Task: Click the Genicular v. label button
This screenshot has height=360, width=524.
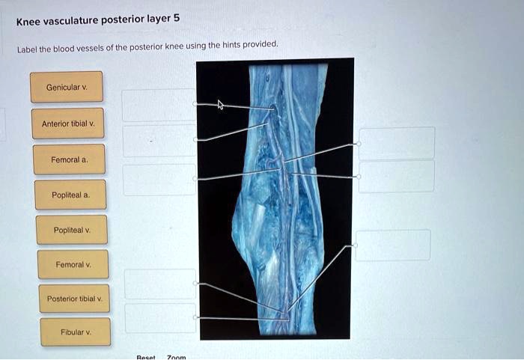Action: coord(67,88)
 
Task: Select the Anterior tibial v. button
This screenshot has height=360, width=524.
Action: coord(68,123)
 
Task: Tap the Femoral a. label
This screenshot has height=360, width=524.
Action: coord(70,159)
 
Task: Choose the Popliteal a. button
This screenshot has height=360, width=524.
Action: coord(70,195)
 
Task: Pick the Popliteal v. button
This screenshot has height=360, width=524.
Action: coord(72,230)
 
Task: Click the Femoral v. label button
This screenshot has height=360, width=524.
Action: coord(73,264)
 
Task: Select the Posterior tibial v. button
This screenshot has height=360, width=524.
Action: coord(74,299)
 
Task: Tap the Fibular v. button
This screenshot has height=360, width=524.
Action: coord(76,332)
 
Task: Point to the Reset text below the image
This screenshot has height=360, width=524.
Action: coord(147,357)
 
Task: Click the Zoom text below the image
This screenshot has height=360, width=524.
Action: coord(176,357)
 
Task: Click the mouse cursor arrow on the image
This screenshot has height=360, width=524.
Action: coord(220,105)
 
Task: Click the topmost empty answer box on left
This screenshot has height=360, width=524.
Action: coord(159,105)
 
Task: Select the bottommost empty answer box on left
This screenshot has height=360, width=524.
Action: coord(159,318)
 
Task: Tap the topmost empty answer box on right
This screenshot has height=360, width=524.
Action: coord(397,143)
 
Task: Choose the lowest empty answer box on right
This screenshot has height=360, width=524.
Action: coord(393,245)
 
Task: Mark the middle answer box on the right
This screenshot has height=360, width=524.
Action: coord(396,177)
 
